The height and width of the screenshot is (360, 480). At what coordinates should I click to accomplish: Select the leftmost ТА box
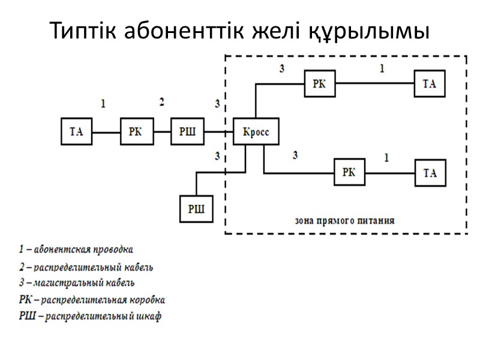[x=77, y=132]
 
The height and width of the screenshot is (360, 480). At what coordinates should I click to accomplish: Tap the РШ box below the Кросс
[x=196, y=208]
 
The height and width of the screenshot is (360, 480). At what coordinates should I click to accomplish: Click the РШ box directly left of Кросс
[x=187, y=132]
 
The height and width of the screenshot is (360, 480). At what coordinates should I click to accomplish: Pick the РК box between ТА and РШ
[x=136, y=132]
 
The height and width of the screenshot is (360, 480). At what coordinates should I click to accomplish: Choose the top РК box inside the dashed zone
[x=319, y=83]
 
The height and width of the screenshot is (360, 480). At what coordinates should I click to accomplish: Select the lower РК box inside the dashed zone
[x=349, y=172]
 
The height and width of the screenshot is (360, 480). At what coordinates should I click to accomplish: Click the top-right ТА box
[x=430, y=83]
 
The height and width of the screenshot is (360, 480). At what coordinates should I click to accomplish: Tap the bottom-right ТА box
[x=430, y=173]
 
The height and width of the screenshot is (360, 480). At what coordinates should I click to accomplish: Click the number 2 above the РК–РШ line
[x=161, y=102]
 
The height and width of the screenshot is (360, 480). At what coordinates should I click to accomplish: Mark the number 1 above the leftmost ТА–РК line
[x=103, y=104]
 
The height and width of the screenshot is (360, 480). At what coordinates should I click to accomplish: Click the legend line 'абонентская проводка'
[x=76, y=248]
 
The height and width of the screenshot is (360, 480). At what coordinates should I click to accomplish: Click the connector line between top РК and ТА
[x=374, y=83]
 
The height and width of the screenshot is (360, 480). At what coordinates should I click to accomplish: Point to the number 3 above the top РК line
[x=281, y=68]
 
